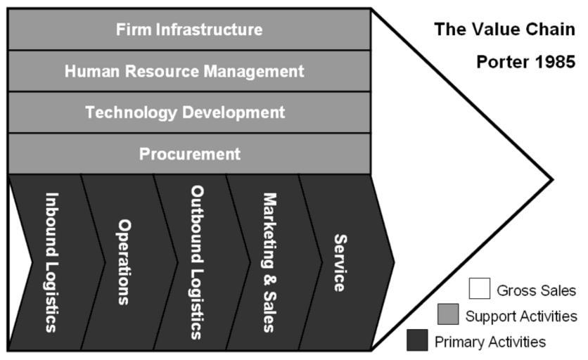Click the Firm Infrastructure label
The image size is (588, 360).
tap(189, 30)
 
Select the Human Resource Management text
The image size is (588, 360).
tap(184, 71)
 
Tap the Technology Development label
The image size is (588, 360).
tap(185, 112)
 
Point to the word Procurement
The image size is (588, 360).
tap(190, 154)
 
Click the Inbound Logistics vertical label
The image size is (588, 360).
tap(52, 262)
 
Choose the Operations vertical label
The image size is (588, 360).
tap(124, 262)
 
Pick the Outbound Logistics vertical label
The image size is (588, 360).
tap(197, 262)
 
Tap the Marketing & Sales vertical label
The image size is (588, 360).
tap(269, 262)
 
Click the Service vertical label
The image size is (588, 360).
tap(340, 263)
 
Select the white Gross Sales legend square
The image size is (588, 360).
tap(479, 288)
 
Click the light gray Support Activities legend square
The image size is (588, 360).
tap(448, 314)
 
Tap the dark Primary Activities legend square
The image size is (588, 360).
tap(417, 340)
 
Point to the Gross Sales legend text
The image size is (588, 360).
tap(536, 290)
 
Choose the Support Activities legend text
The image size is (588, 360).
tap(521, 316)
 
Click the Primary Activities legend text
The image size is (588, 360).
tap(490, 342)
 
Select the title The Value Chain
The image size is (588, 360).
tap(504, 30)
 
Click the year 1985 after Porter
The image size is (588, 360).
tap(556, 62)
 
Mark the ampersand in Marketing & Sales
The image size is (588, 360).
tap(269, 281)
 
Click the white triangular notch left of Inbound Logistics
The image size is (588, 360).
tap(19, 262)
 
